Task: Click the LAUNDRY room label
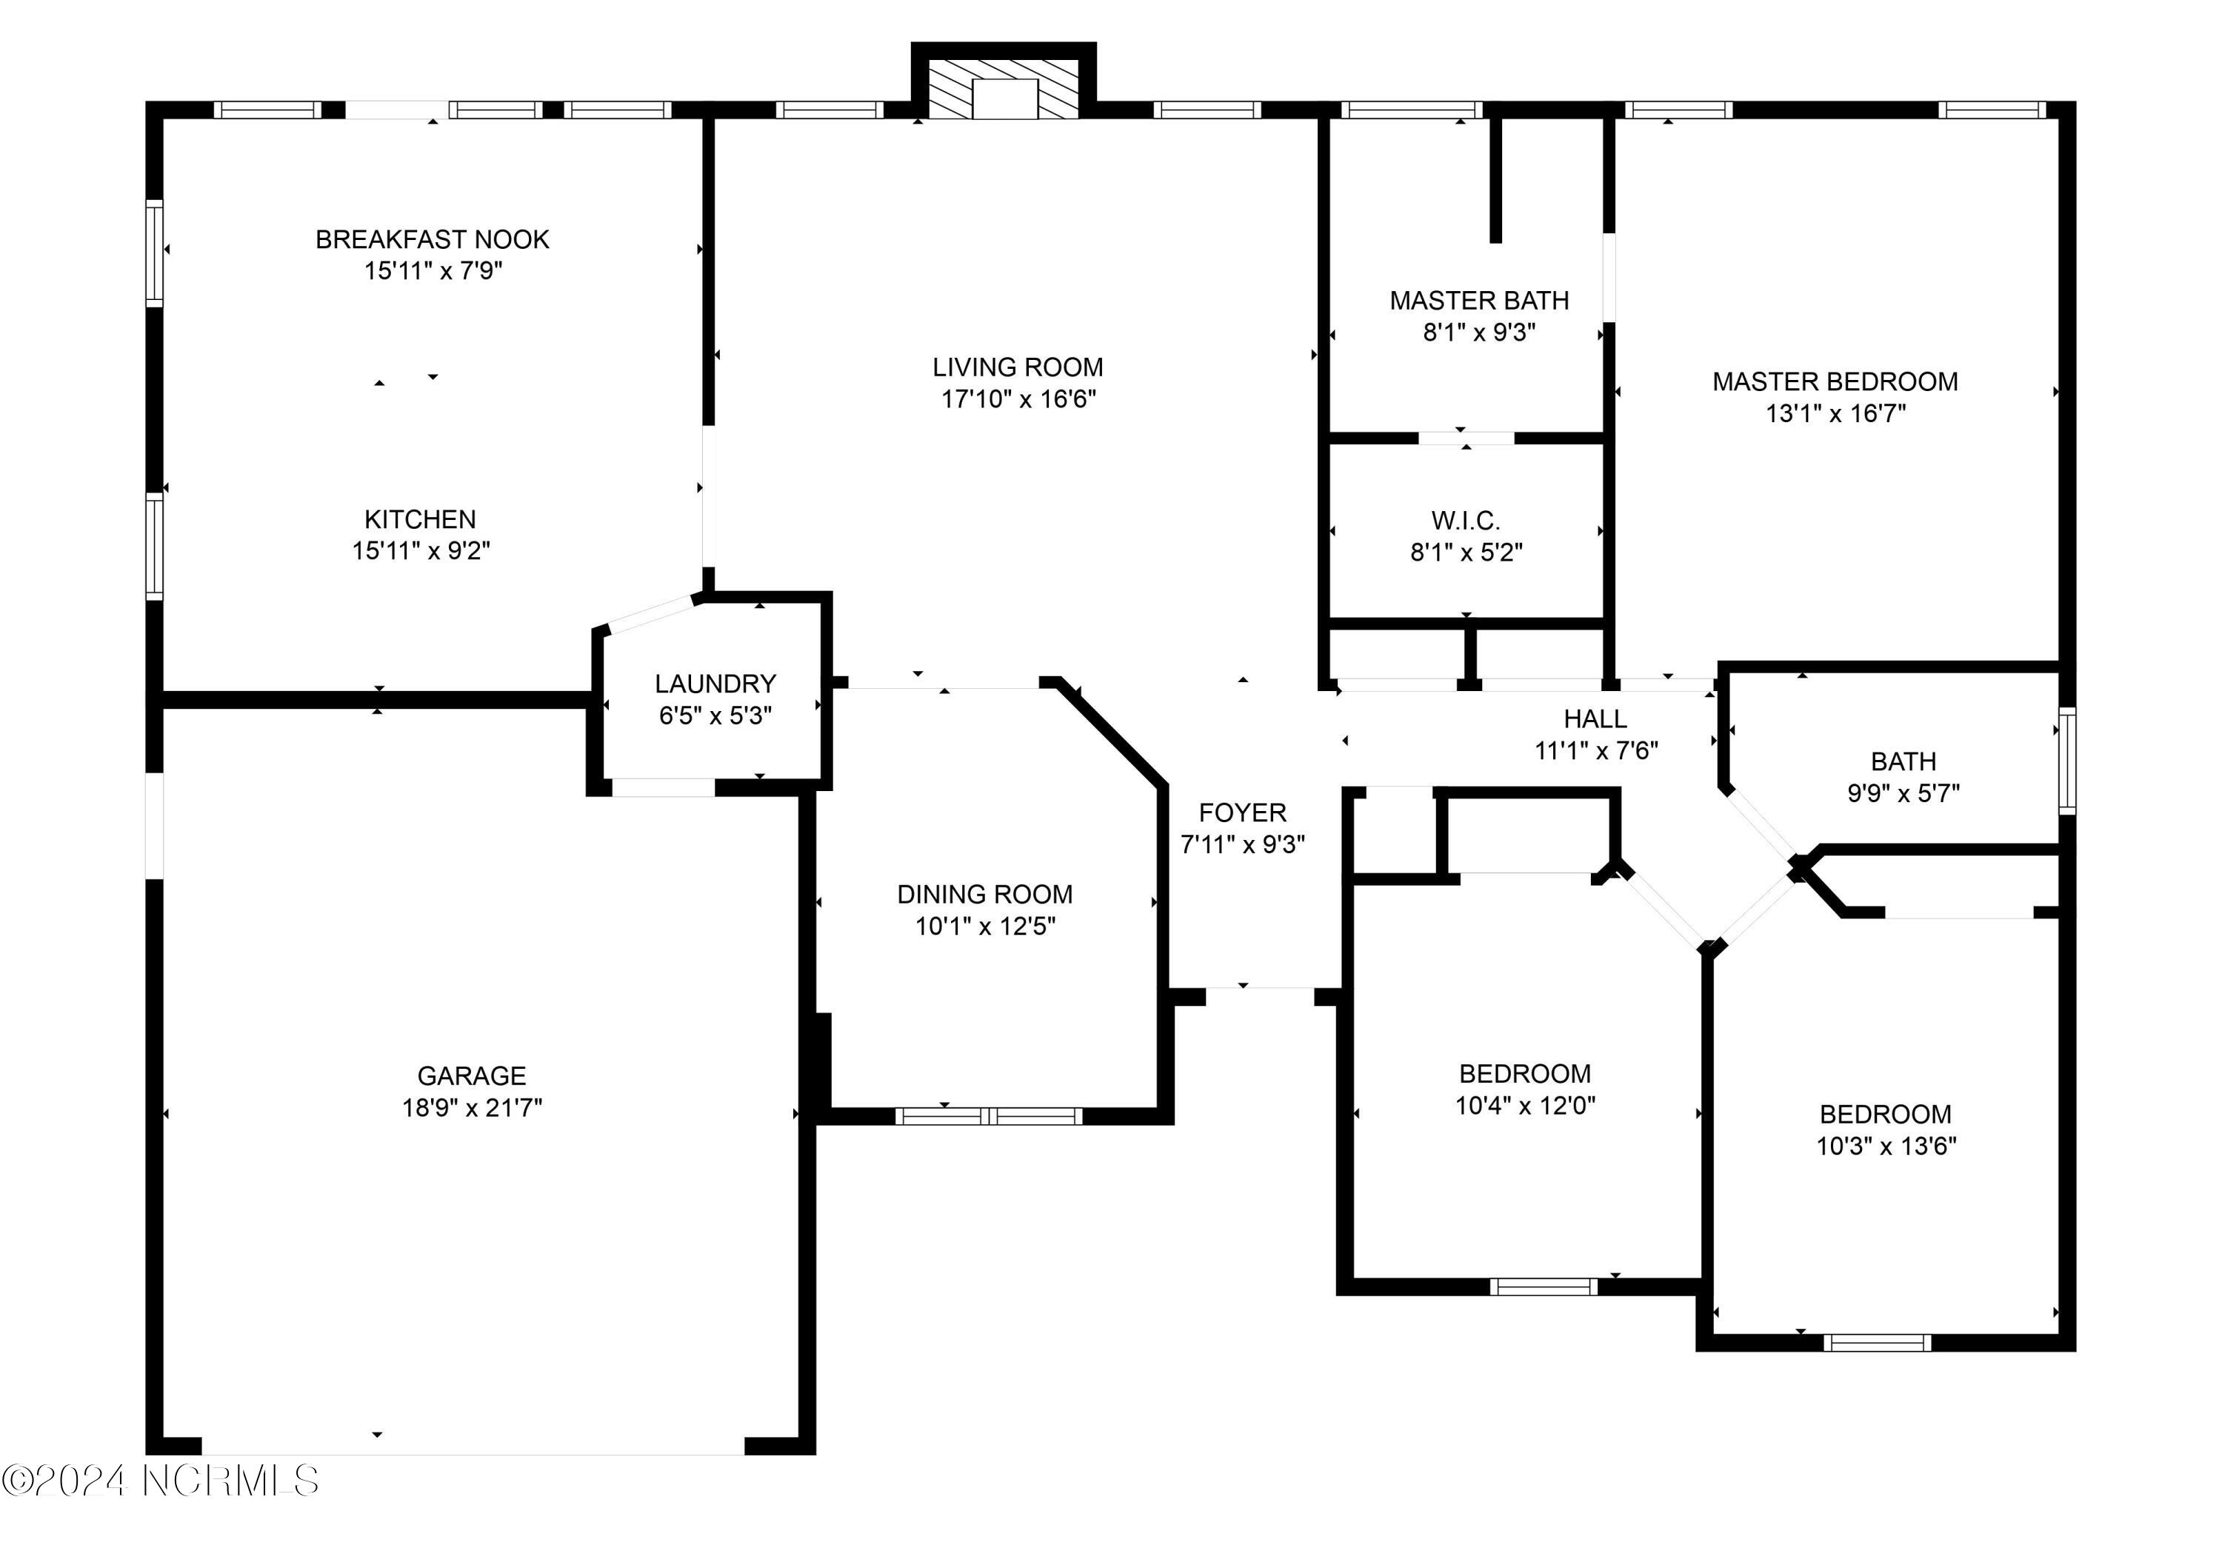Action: [715, 684]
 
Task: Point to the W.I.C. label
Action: [1465, 521]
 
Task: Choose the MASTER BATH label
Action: [1479, 301]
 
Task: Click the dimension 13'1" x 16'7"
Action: [1835, 413]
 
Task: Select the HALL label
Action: [1595, 719]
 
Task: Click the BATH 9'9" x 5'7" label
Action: [1903, 761]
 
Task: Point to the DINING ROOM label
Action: [984, 894]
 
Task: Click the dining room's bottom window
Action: [988, 1116]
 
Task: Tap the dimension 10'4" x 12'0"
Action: [1525, 1105]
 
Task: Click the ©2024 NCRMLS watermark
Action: [161, 1481]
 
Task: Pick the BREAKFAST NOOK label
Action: [433, 239]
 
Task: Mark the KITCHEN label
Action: [420, 518]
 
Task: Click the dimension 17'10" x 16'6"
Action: [1018, 398]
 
